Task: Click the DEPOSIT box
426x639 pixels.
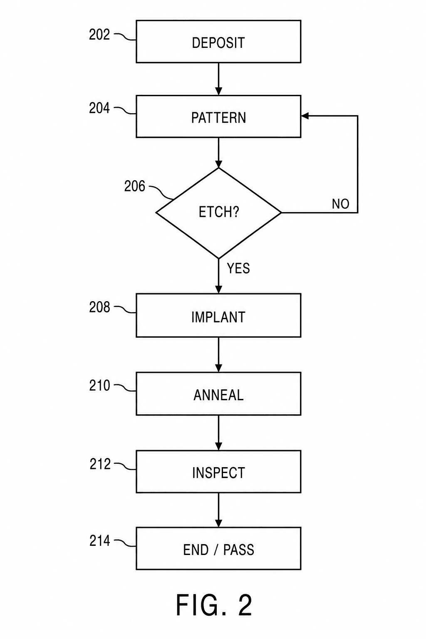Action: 218,41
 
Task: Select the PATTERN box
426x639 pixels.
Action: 218,116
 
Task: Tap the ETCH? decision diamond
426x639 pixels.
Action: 218,213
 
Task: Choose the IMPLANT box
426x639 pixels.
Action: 218,315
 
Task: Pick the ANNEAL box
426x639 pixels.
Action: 218,394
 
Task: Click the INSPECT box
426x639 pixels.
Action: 218,472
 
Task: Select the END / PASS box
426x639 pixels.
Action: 218,549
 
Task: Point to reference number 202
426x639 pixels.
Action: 99,35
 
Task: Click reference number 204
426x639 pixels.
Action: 99,109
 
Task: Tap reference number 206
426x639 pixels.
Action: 134,186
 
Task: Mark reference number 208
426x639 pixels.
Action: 99,307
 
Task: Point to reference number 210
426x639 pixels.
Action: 99,385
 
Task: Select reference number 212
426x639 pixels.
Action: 100,464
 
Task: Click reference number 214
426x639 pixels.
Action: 99,540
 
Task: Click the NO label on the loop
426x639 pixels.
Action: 340,204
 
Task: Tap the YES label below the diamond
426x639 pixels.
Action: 238,268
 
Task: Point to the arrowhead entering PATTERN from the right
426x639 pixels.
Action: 305,116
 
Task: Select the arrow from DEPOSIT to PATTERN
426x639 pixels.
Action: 218,79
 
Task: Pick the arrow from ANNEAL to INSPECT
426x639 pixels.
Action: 218,433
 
